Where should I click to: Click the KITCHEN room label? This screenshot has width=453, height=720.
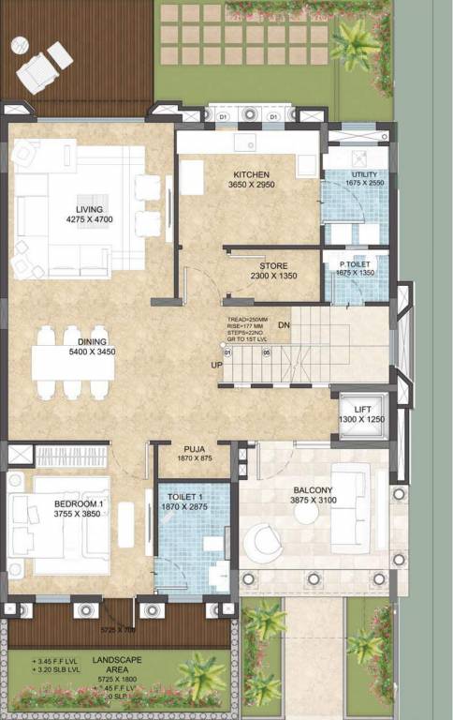pyautogui.click(x=252, y=174)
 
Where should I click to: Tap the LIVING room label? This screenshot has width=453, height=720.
pyautogui.click(x=89, y=209)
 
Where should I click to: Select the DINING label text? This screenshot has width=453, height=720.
pyautogui.click(x=93, y=341)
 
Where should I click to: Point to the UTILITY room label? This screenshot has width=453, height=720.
pyautogui.click(x=364, y=174)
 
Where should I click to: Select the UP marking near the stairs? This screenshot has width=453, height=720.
pyautogui.click(x=216, y=366)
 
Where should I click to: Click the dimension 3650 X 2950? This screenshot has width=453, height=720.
pyautogui.click(x=252, y=186)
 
